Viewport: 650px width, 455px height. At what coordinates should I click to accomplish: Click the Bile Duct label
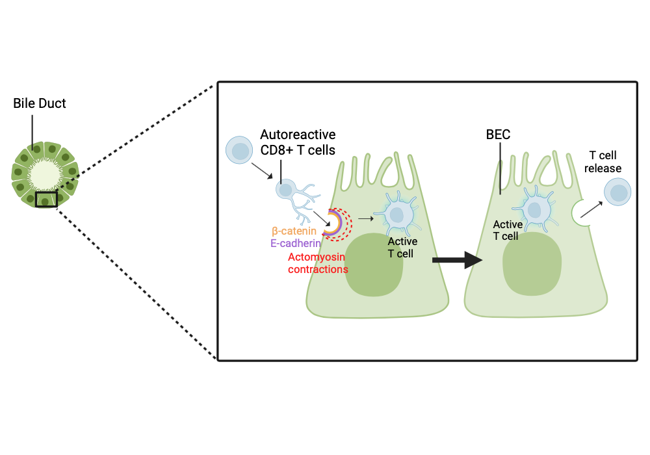pos(40,103)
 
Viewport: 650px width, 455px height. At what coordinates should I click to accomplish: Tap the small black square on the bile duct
pos(46,199)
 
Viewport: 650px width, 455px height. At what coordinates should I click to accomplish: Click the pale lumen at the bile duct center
pos(45,174)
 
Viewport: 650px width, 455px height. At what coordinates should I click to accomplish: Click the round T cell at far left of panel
pos(239,150)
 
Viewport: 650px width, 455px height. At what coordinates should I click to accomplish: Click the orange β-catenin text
pos(294,231)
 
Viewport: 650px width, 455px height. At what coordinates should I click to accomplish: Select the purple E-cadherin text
pos(296,244)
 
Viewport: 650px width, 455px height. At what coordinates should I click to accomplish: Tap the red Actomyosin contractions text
pos(318,263)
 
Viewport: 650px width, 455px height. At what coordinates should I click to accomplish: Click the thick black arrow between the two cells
pos(457,260)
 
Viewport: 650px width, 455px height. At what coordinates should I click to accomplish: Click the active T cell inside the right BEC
pos(534,210)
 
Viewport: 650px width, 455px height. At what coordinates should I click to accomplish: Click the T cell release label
pos(605,162)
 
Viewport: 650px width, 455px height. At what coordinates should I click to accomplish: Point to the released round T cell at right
pos(617,192)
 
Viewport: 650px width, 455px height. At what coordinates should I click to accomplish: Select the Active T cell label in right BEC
pos(508,230)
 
